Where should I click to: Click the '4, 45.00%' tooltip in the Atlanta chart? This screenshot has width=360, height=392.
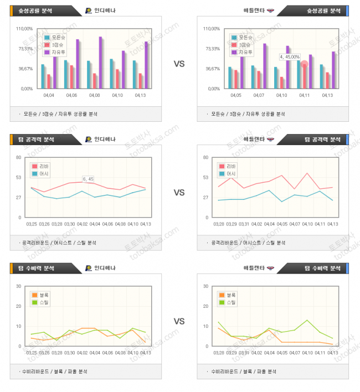290,56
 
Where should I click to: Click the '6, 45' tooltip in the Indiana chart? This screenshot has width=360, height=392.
88,179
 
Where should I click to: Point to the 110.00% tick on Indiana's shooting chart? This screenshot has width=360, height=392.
24,29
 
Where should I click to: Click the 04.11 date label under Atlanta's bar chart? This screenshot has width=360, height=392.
304,96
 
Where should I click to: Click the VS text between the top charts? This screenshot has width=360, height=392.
179,64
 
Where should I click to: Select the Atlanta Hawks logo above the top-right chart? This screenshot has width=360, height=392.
270,11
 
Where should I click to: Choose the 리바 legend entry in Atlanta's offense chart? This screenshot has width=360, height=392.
228,166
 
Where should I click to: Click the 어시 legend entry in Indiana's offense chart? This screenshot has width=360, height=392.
40,173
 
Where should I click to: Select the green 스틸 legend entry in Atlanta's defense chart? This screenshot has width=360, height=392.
228,302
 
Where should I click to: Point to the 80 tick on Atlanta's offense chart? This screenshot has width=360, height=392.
206,158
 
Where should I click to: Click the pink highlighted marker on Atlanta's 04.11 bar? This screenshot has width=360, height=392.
304,64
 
